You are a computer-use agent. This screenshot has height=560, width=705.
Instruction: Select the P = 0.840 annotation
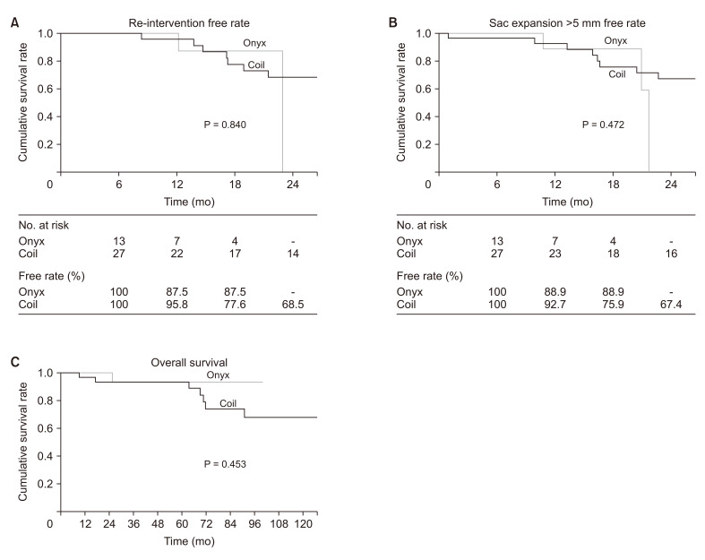(225, 125)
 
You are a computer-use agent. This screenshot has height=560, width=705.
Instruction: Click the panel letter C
(13, 361)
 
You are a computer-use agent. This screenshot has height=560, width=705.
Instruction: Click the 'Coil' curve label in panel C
(228, 404)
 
